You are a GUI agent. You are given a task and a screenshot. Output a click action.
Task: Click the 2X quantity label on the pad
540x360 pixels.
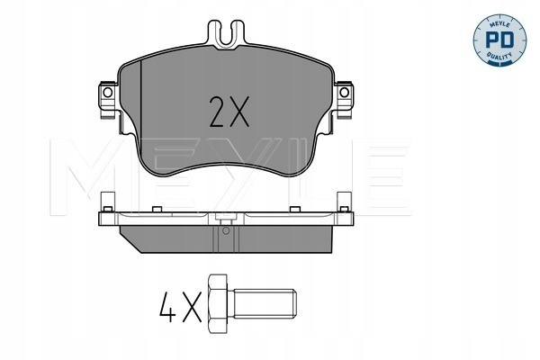(229, 112)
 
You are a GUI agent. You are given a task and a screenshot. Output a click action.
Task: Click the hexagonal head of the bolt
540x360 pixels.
(218, 304)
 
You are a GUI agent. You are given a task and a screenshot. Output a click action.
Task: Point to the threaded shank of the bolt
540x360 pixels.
(264, 304)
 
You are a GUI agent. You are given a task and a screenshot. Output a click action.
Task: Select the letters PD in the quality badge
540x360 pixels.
(499, 40)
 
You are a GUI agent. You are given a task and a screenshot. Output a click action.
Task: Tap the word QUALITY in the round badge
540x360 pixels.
(499, 55)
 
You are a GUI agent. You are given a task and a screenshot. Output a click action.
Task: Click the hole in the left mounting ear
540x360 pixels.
(107, 93)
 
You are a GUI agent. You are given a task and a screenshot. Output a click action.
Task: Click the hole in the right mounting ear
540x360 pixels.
(344, 93)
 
